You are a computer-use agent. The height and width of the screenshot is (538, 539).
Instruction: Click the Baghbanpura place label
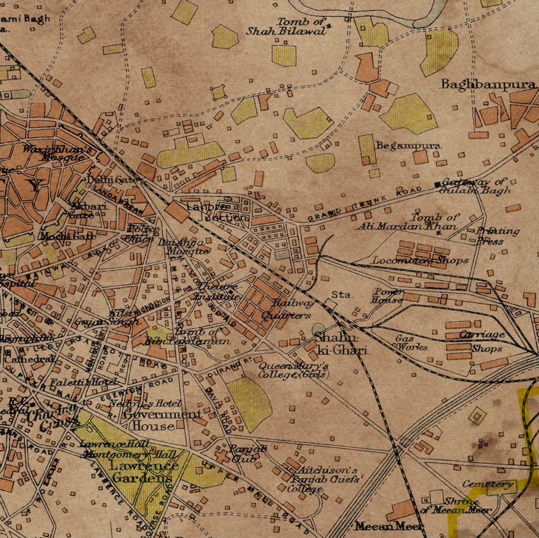pos(489,85)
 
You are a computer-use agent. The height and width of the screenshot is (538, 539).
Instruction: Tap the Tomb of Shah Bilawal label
pos(287,26)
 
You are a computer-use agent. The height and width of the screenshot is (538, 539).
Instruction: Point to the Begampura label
pos(408,146)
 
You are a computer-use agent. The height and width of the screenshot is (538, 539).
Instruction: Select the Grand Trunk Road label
pos(364,204)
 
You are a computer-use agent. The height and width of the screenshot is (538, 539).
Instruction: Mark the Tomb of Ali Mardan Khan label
pos(408,222)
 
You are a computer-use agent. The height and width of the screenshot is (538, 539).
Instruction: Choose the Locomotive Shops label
pos(420,260)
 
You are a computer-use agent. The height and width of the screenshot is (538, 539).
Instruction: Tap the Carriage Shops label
pos(482,341)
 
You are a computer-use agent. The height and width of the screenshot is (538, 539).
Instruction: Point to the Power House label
pos(387,296)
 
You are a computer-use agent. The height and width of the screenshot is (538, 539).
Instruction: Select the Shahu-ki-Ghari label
pos(341,344)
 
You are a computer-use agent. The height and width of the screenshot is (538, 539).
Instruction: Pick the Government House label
pos(161,420)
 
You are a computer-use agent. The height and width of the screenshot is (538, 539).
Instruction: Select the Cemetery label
pos(487,484)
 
